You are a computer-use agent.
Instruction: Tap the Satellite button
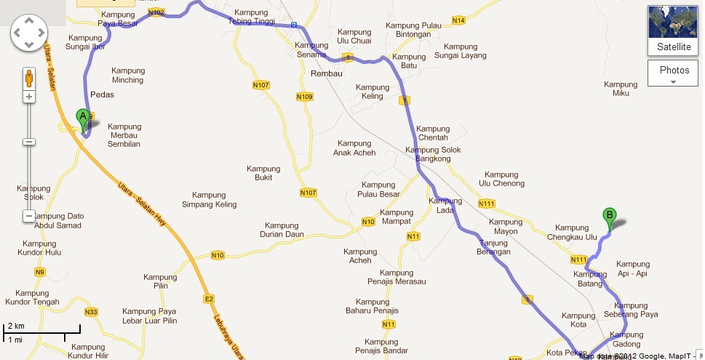point(674,31)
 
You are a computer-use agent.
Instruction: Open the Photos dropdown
point(674,73)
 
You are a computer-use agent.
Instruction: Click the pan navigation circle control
point(29,32)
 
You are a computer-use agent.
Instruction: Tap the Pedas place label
point(102,95)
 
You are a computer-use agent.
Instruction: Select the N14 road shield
point(458,20)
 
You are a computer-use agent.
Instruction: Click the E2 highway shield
point(209,299)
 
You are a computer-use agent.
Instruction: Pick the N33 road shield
point(91,312)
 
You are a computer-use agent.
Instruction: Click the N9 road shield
point(39,272)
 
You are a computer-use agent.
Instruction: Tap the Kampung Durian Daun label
point(282,230)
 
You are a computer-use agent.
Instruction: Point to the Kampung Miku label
point(621,89)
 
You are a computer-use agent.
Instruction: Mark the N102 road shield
point(156,12)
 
